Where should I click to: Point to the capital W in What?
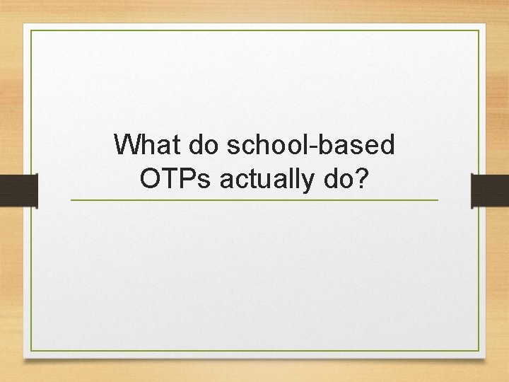127,145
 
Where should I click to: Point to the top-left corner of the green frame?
30,30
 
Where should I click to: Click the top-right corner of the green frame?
479,30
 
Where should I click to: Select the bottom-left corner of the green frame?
30,352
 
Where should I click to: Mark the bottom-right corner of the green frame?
479,352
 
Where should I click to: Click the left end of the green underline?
71,200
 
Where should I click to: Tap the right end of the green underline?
438,200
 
